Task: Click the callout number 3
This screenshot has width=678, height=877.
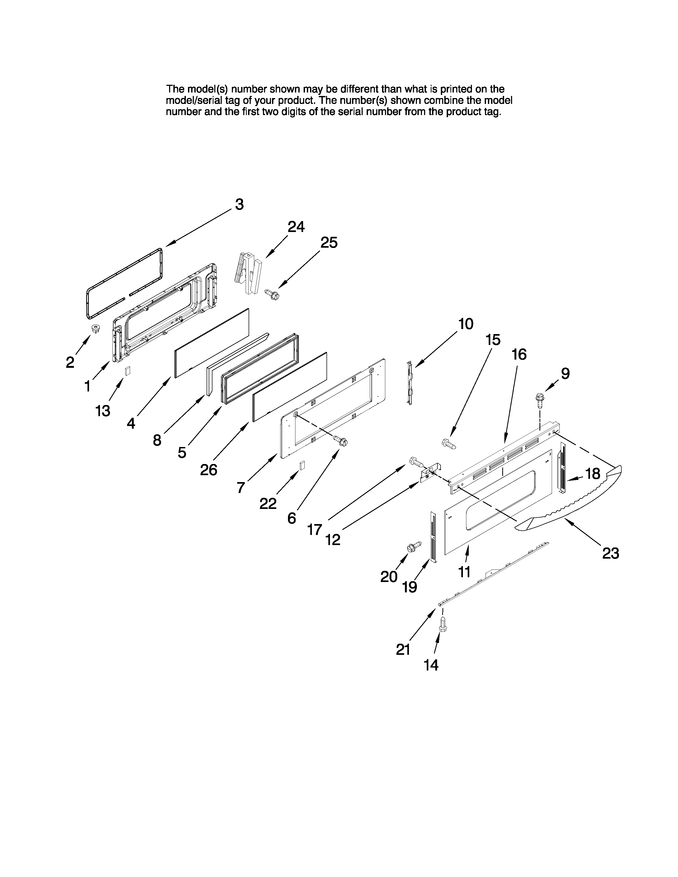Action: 239,205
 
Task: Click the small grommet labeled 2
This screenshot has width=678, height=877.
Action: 96,329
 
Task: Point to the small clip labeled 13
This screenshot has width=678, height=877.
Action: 128,371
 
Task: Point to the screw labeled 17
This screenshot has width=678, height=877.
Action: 416,463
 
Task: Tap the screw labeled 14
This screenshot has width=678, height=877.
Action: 443,625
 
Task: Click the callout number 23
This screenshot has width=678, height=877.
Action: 610,554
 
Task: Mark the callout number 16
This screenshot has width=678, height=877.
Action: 519,355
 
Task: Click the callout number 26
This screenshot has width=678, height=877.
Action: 208,469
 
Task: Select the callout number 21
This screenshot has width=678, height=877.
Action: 403,649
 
